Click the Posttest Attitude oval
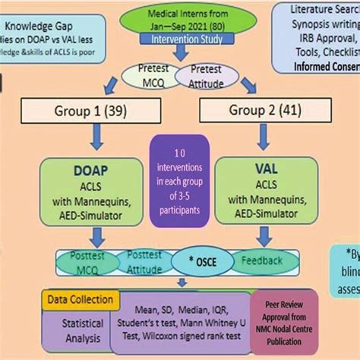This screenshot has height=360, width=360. [x=144, y=261]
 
